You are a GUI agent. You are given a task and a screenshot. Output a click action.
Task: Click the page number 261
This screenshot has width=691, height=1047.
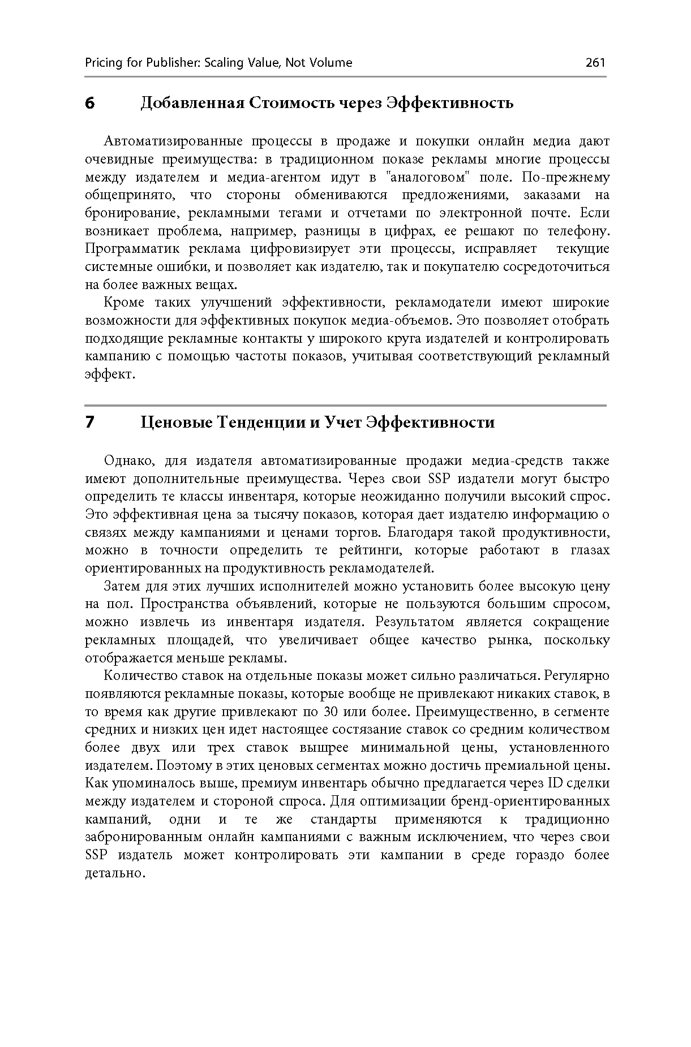click(595, 62)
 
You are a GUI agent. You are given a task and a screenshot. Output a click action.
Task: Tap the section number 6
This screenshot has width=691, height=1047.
click(89, 104)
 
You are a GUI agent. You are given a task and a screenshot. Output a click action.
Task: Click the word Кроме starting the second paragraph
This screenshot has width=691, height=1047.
click(124, 303)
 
